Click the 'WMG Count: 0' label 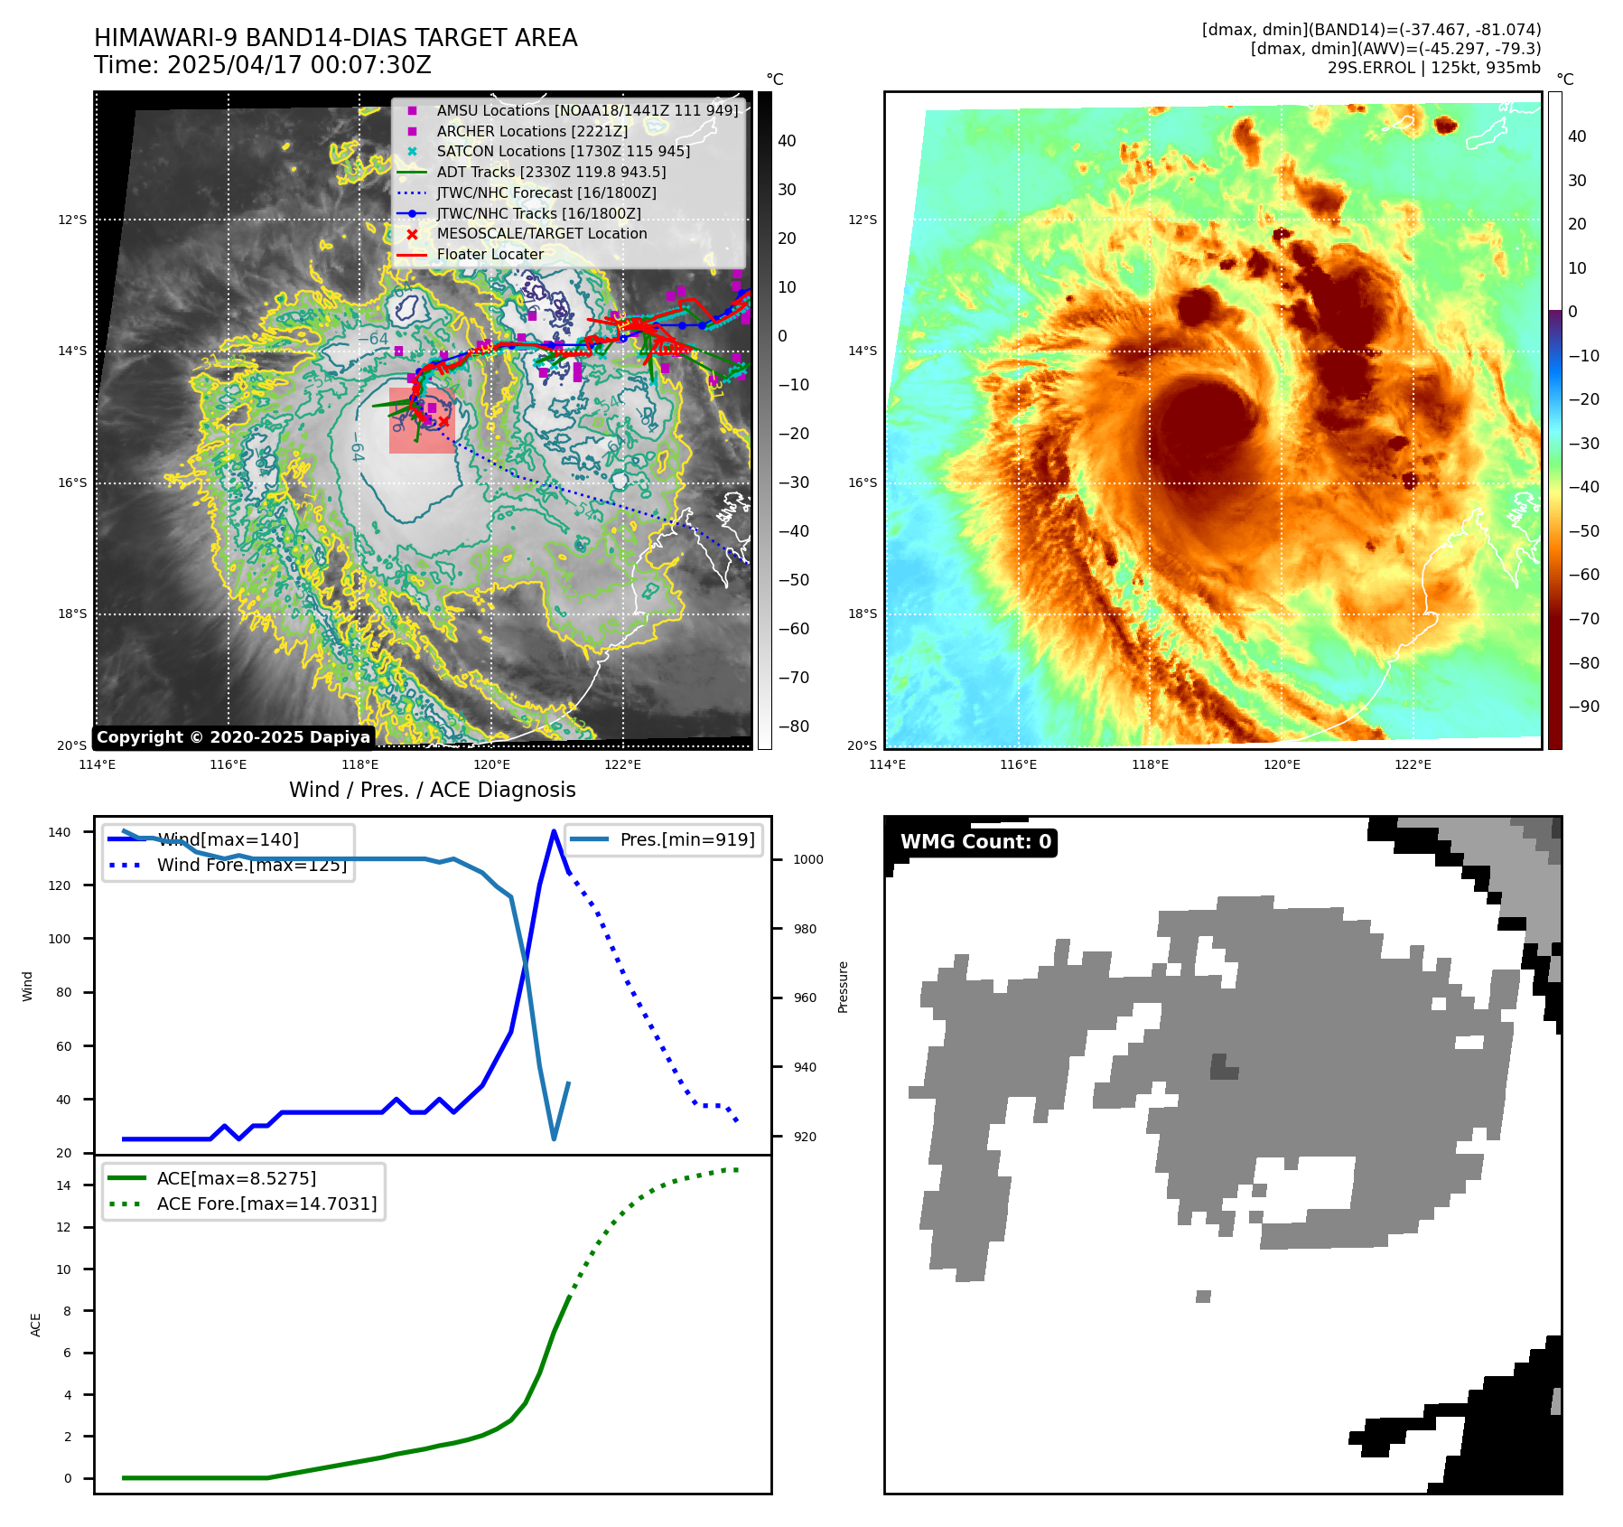tap(975, 842)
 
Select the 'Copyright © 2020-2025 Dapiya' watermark tap(233, 737)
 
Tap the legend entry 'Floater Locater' tap(490, 255)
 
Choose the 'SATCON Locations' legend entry tap(563, 152)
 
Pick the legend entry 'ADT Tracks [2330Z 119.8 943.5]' tap(551, 173)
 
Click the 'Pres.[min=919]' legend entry tap(686, 839)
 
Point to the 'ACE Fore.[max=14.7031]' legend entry tap(266, 1204)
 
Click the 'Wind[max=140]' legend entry tap(228, 839)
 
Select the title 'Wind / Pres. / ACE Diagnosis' tap(432, 790)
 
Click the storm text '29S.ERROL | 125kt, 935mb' tap(1433, 68)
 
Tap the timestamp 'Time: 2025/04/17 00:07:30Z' tap(262, 65)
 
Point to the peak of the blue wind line tap(554, 831)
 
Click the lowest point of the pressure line tap(554, 1138)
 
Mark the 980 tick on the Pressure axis tap(807, 929)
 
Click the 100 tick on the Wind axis tap(59, 939)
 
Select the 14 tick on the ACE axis tap(63, 1185)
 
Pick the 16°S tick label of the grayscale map tap(72, 483)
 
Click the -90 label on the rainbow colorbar tap(1583, 707)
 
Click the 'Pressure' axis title tap(843, 987)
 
